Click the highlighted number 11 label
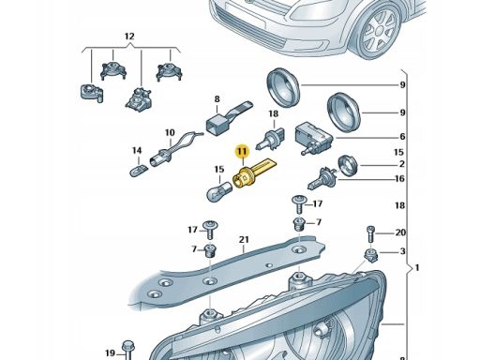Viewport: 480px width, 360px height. point(242,151)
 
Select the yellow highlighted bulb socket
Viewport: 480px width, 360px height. point(253,175)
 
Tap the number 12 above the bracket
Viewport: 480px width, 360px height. point(129,37)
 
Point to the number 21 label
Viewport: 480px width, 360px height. point(244,240)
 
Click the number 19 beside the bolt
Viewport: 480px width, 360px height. point(110,353)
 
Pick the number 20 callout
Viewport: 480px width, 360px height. point(400,232)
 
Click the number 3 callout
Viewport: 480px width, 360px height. point(403,251)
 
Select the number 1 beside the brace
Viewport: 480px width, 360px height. point(416,268)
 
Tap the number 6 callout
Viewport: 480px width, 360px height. point(402,137)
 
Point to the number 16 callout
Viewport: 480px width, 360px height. point(399,178)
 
